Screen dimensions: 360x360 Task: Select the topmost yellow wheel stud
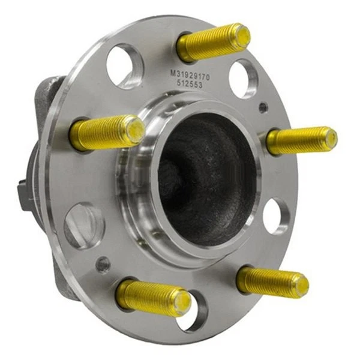coord(213,43)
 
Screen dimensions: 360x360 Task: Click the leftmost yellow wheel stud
coord(107,132)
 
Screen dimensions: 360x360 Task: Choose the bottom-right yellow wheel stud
coord(272,280)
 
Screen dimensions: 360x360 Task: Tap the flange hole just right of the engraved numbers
coord(243,77)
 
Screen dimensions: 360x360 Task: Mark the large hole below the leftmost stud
coord(85,225)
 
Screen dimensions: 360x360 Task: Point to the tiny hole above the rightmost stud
coord(263,107)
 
